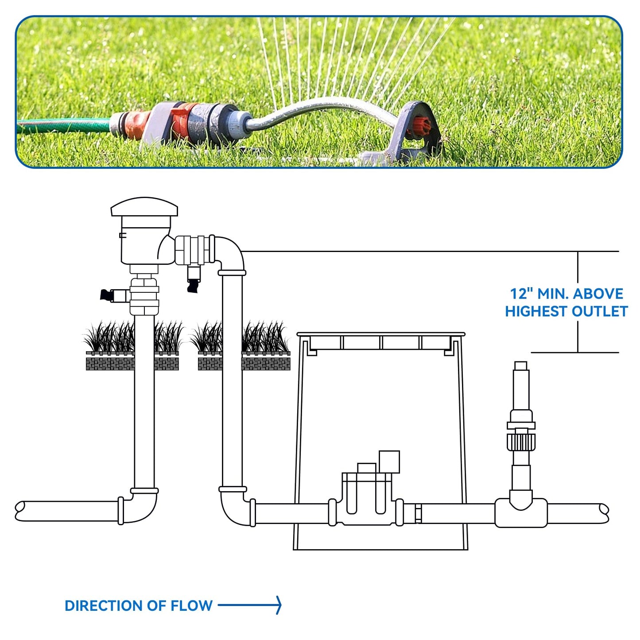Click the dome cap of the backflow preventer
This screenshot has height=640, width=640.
pyautogui.click(x=144, y=207)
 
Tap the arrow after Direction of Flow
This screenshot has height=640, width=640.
pyautogui.click(x=250, y=605)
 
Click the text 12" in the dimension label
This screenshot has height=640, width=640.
pyautogui.click(x=520, y=294)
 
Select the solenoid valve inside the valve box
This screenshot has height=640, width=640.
pyautogui.click(x=367, y=496)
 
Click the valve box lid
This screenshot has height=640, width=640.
pyautogui.click(x=381, y=334)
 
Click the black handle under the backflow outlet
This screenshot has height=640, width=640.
pyautogui.click(x=194, y=286)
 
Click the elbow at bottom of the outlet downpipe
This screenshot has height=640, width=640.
pyautogui.click(x=235, y=507)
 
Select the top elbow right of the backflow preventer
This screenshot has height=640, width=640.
pyautogui.click(x=229, y=252)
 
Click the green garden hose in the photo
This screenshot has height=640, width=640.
pyautogui.click(x=62, y=125)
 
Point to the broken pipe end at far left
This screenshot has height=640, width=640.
pyautogui.click(x=20, y=511)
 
